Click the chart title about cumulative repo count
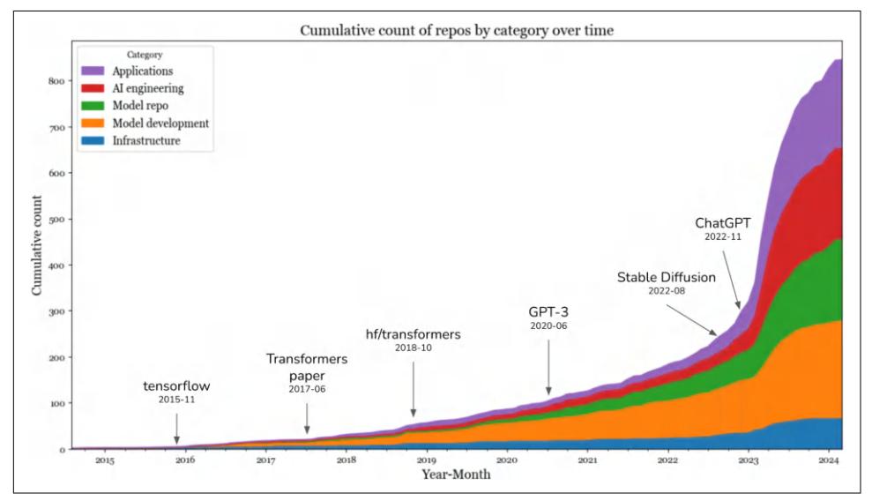[457, 32]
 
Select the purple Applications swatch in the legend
[93, 69]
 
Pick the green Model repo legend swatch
[93, 105]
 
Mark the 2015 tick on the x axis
[104, 460]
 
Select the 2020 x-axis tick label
[506, 460]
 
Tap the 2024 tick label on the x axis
[828, 460]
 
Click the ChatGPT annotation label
[722, 223]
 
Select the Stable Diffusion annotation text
[666, 278]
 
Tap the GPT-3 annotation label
[548, 312]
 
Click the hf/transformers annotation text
[413, 334]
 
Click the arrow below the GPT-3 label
[548, 365]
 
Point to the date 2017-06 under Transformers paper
[307, 389]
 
